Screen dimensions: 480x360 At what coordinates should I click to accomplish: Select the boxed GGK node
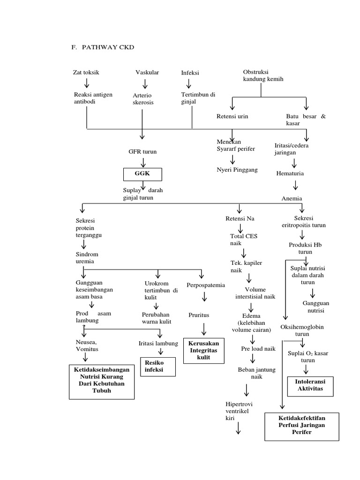142,174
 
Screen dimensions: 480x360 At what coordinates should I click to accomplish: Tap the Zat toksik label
86,73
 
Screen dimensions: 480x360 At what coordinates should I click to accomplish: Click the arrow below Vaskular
145,84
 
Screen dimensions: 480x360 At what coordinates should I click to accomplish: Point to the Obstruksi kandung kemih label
263,75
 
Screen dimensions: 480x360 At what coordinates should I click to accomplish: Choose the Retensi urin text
232,116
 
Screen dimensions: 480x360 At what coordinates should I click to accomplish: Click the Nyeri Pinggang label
237,169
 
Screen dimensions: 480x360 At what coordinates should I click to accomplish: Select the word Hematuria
290,173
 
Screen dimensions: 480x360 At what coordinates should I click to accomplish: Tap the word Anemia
292,198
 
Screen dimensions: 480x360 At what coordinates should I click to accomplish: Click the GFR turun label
142,152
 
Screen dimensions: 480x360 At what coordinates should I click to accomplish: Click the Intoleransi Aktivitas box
310,385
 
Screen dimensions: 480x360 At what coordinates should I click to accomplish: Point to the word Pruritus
199,315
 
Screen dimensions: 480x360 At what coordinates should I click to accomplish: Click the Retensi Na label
240,218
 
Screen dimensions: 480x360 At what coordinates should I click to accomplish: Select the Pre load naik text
258,349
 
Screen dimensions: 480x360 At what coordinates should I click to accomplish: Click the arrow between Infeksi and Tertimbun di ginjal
189,84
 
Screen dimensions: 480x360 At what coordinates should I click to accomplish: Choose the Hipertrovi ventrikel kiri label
239,411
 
